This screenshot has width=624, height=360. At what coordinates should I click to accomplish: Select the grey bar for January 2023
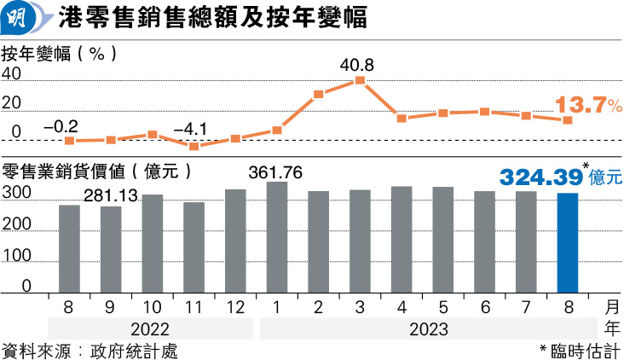point(276,237)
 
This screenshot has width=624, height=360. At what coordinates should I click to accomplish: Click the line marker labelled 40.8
point(360,80)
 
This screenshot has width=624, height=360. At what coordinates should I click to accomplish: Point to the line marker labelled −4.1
point(194,146)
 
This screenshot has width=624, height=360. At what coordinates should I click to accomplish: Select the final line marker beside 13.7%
point(567,120)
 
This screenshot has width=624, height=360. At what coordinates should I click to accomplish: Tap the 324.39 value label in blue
point(540,177)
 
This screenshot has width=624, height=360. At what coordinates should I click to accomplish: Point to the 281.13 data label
point(111,196)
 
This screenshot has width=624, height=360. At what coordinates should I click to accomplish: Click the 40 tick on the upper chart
point(11,75)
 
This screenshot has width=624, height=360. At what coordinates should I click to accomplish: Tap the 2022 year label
point(151,328)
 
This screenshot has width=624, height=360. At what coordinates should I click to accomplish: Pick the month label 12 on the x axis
point(234,305)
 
